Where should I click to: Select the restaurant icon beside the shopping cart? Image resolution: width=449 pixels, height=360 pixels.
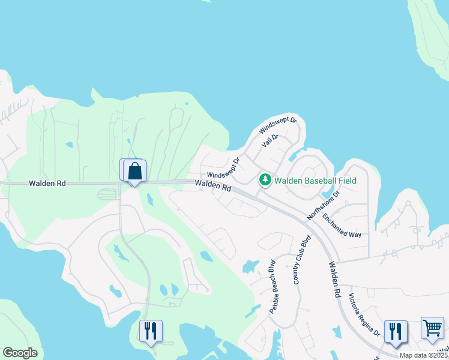point(396,331)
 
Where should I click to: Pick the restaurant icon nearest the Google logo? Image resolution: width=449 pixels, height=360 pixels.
point(150,331)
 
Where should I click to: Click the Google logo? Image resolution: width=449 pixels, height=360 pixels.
point(20,353)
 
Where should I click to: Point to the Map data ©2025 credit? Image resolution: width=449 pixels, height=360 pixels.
point(424,355)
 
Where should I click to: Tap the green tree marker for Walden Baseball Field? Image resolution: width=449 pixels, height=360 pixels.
point(265,179)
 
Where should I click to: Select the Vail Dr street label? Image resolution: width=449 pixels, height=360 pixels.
point(270,141)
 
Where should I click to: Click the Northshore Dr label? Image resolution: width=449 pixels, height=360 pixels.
point(324,205)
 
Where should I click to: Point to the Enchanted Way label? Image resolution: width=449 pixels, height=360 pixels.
point(342,226)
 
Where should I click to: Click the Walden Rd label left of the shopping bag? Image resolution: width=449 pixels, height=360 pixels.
point(47,183)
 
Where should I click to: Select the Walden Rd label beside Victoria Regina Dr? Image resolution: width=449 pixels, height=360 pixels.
point(334,280)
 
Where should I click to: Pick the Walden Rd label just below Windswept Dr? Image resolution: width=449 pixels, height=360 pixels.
point(213,187)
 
